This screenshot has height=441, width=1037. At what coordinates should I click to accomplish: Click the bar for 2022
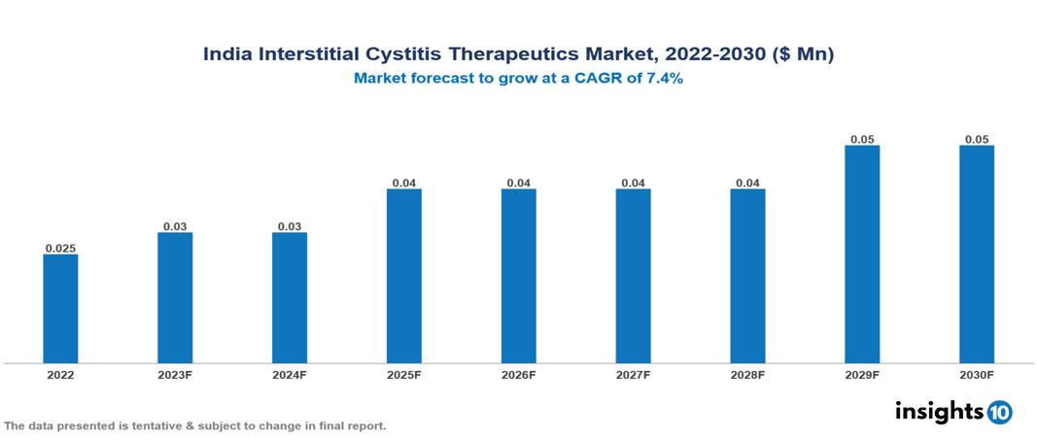[x=60, y=309]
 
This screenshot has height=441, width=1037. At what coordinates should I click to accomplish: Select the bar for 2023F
[x=175, y=297]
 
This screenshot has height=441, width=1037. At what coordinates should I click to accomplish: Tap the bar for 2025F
[x=403, y=276]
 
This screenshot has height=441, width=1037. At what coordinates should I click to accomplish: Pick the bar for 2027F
[x=633, y=276]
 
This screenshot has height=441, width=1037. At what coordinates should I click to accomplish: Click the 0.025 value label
[x=60, y=249]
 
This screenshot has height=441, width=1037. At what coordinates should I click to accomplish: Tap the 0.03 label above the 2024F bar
[x=290, y=226]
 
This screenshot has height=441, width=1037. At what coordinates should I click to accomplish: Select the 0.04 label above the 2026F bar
[x=518, y=183]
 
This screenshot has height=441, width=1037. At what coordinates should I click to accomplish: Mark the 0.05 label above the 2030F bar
[x=977, y=140]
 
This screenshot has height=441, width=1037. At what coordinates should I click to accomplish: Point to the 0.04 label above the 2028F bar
[x=747, y=183]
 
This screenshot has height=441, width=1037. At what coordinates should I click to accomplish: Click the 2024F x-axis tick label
[x=290, y=375]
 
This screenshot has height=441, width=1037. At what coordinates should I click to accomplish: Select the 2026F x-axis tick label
[x=518, y=375]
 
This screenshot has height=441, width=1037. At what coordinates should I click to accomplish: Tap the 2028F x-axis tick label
[x=747, y=375]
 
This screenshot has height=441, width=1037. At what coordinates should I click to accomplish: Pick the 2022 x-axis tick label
[x=60, y=375]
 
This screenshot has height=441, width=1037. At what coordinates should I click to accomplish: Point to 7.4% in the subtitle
[x=664, y=79]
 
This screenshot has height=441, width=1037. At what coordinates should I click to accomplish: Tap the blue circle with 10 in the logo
[x=999, y=412]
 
